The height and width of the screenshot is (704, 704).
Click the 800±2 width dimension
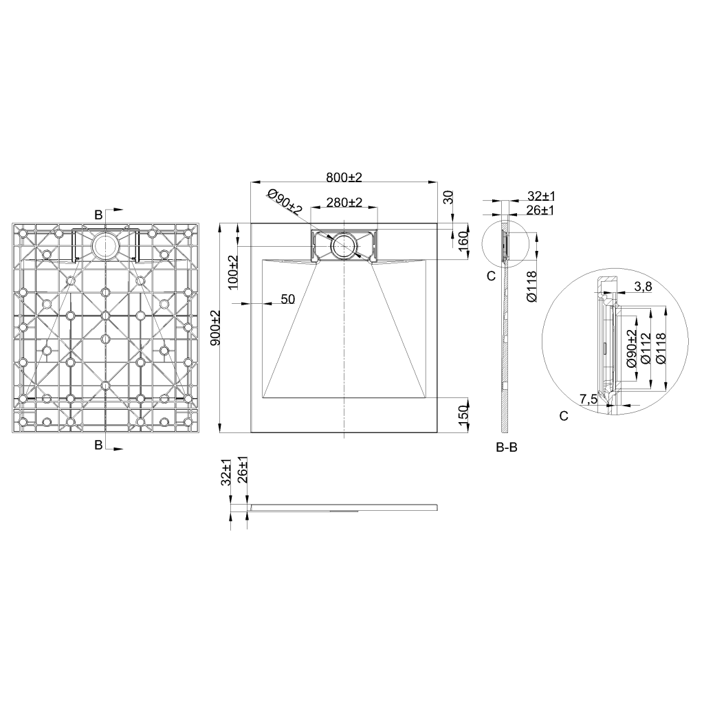[x=344, y=177]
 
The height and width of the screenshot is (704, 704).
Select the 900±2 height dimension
[x=215, y=328]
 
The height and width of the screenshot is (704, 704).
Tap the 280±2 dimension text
[x=344, y=203]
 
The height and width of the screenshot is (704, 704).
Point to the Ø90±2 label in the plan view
[x=285, y=201]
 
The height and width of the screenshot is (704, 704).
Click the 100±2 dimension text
[x=234, y=272]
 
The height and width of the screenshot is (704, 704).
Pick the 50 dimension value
[x=288, y=300]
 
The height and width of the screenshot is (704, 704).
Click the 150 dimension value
[x=463, y=411]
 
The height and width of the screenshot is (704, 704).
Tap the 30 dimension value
[x=448, y=197]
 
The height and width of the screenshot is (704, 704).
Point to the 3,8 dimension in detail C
[x=643, y=287]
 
